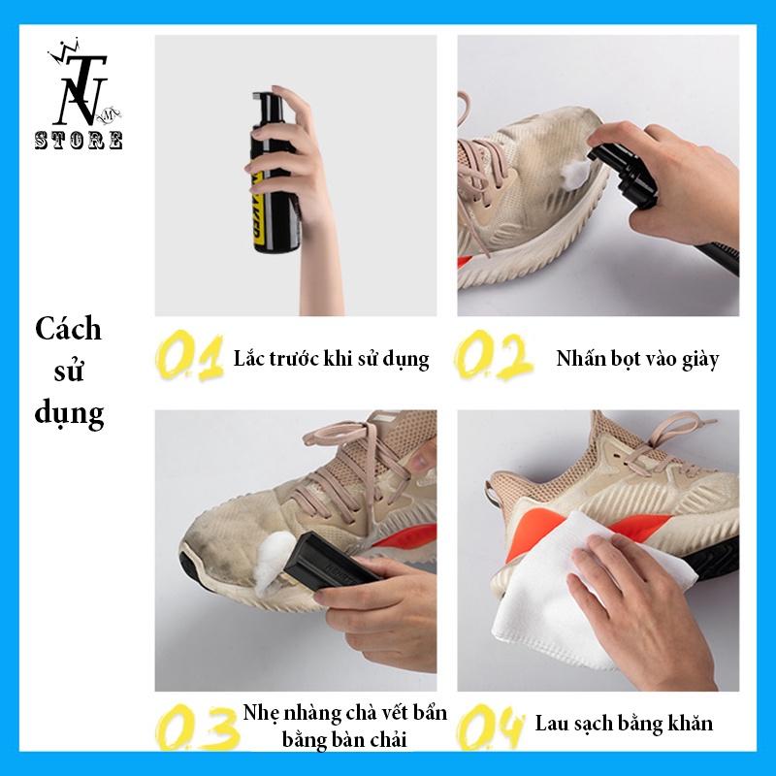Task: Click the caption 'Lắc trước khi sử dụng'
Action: pyautogui.click(x=331, y=359)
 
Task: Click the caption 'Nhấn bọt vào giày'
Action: pyautogui.click(x=637, y=359)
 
